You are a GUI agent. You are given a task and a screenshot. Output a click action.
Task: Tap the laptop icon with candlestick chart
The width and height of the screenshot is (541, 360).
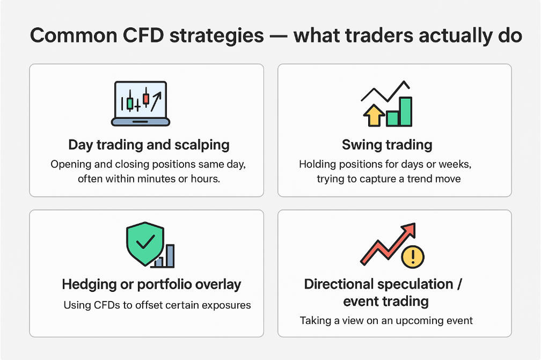(141, 104)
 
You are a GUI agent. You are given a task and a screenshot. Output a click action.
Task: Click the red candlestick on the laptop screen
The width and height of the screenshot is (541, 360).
(146, 98)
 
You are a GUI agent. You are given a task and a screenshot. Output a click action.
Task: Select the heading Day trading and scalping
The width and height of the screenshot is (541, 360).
(149, 145)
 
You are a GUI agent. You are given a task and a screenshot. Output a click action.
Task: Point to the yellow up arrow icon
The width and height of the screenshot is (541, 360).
(374, 115)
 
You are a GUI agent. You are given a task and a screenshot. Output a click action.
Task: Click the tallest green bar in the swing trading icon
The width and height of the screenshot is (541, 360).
(405, 112)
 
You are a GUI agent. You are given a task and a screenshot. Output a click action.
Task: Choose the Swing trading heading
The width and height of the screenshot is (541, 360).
(387, 145)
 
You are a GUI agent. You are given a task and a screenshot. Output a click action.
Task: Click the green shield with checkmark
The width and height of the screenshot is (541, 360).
(145, 244)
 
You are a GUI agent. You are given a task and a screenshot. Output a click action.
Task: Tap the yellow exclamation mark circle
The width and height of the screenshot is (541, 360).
(413, 256)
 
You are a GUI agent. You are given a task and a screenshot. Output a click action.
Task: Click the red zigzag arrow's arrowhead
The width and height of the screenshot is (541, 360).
(408, 230)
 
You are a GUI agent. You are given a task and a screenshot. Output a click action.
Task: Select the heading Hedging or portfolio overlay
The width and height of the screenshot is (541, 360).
(151, 284)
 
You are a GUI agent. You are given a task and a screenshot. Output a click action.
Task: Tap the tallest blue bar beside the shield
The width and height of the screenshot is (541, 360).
(170, 255)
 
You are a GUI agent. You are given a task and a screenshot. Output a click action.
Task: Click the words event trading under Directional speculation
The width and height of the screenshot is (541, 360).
(386, 302)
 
